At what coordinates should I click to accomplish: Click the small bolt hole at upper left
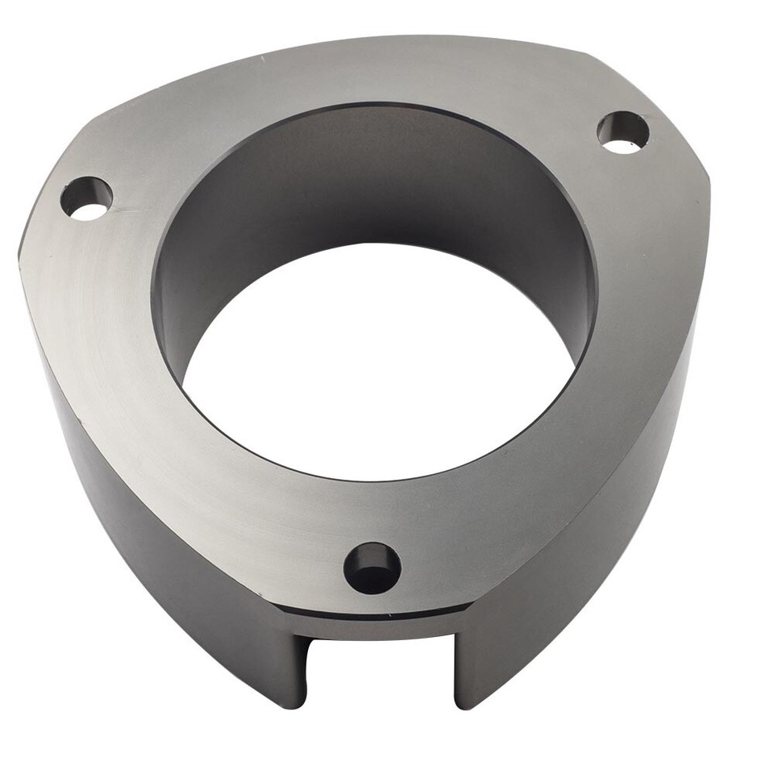[87, 198]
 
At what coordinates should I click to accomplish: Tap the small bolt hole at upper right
[623, 132]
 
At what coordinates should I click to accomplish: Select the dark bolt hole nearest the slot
[372, 568]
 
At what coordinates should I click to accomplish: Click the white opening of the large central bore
[379, 363]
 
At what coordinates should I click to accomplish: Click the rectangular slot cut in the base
[379, 669]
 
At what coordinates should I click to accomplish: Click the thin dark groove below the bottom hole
[379, 614]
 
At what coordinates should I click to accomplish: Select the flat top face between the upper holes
[363, 73]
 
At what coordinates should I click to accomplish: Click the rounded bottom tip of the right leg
[468, 701]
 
